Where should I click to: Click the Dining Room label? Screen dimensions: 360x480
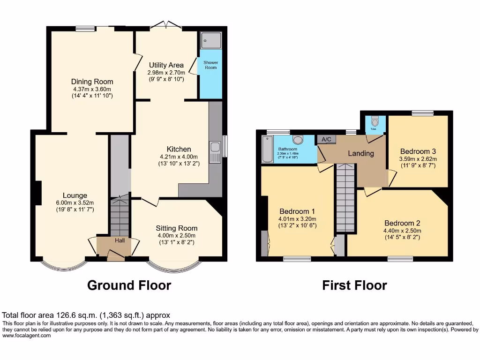coord(92,82)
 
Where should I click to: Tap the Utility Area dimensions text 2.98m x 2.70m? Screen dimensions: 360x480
coord(166,73)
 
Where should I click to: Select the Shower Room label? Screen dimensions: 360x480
coord(210,65)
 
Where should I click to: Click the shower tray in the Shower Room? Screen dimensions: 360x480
coord(210,41)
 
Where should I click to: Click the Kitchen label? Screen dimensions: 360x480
coord(178,149)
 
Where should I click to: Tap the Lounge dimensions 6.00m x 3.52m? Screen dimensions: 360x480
coord(75,203)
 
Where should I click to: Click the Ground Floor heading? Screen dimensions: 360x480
coord(129,285)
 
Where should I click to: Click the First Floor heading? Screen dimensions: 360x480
coord(354,285)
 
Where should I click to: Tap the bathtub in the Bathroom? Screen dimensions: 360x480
coord(268,150)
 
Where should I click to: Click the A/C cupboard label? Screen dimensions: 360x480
coord(326,139)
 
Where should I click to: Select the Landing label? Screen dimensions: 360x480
coord(360,153)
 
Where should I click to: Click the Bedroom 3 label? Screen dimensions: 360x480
coord(418,151)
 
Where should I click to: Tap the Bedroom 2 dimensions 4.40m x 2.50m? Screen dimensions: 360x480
coord(403,230)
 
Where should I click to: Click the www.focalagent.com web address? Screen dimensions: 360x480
coord(27,335)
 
